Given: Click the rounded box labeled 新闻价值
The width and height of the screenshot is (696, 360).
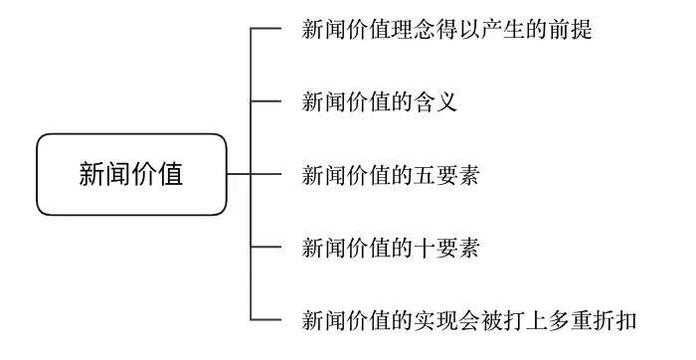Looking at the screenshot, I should tap(131, 174).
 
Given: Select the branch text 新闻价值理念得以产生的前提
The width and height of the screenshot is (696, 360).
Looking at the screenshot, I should tap(446, 30).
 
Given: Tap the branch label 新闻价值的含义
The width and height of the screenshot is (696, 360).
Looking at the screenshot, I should tap(379, 102).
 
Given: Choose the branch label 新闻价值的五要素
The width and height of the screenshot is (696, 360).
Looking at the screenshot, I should tap(391, 175).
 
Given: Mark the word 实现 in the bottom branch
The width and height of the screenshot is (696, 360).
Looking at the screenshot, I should tap(435, 320).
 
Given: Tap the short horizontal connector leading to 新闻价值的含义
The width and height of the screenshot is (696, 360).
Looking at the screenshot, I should tap(266, 101).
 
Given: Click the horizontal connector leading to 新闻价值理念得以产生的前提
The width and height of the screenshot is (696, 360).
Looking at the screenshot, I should tap(266, 29).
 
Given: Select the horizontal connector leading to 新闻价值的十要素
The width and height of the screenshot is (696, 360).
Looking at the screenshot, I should tap(266, 247).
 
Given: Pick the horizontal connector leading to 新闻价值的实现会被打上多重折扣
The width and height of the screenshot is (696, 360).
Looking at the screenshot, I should tap(266, 319).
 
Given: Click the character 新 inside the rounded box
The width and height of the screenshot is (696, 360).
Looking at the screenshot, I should tap(91, 174).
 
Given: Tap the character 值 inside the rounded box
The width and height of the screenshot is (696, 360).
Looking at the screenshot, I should tap(171, 174).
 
